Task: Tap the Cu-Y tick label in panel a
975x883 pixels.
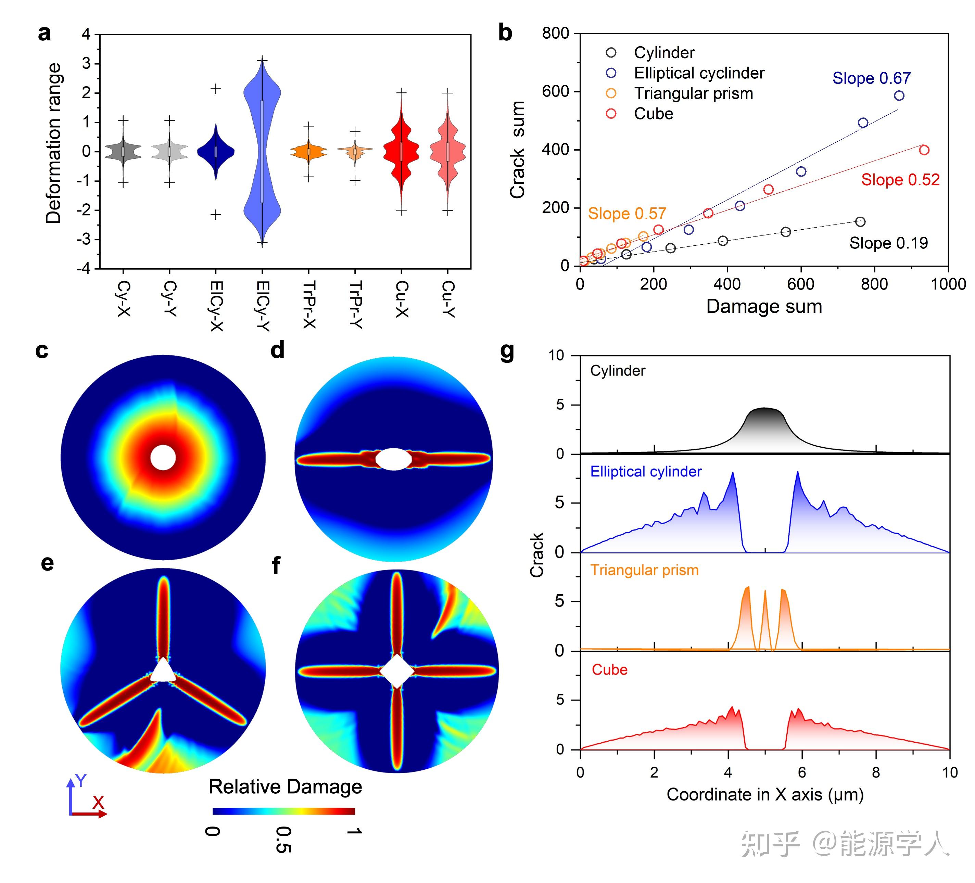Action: (x=448, y=299)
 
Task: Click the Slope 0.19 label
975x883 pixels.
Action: (x=888, y=243)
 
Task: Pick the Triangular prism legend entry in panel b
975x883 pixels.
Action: (x=693, y=93)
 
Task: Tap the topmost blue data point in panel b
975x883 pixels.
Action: (x=899, y=96)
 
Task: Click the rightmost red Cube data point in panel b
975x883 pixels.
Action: (x=924, y=150)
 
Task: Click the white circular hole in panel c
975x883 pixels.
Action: (x=163, y=458)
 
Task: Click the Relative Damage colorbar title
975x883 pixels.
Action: (x=285, y=787)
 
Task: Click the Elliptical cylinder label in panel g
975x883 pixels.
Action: (x=646, y=472)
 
